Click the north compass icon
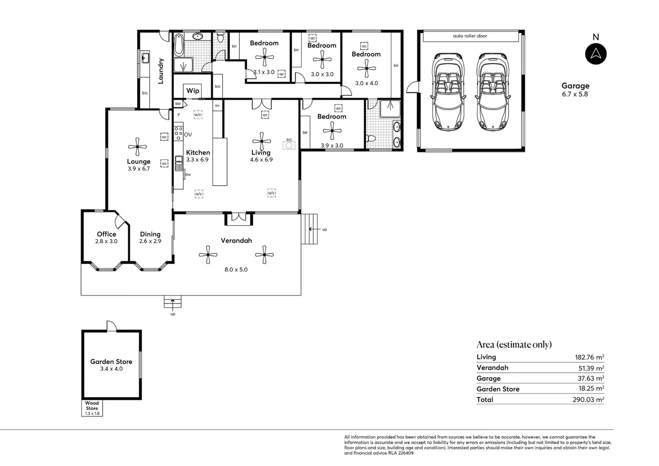click(x=596, y=54)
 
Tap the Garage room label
click(x=575, y=86)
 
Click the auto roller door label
click(x=470, y=36)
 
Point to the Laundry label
click(x=160, y=71)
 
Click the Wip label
click(x=192, y=91)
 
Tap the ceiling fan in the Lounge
click(x=138, y=146)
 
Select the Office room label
click(x=106, y=234)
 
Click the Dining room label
click(x=150, y=234)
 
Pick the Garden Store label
click(x=111, y=362)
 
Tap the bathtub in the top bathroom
click(x=179, y=45)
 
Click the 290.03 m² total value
click(x=588, y=400)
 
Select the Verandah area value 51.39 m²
click(x=591, y=368)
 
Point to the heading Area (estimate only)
click(x=514, y=344)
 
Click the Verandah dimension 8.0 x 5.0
click(x=236, y=270)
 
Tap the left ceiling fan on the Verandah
click(x=208, y=255)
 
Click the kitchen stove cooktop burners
click(x=178, y=133)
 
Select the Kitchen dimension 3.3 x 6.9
click(x=198, y=160)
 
